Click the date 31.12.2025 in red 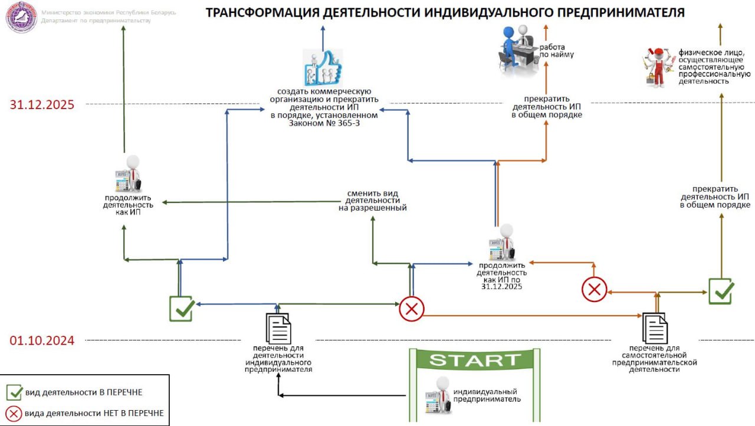42,104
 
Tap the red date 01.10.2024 42,340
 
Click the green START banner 475,359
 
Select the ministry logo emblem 22,17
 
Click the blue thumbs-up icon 323,67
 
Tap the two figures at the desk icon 518,51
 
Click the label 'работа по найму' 556,51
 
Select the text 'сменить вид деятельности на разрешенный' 372,201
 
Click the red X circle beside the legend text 14,413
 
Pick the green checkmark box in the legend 14,392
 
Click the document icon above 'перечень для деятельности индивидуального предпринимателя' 278,328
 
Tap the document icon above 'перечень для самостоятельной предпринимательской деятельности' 655,328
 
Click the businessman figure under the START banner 438,395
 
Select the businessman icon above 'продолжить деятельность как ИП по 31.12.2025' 502,243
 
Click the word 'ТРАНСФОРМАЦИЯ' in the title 262,12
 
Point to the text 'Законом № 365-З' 324,123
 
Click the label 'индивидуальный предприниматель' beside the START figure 487,395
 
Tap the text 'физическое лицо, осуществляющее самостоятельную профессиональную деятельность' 714,67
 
